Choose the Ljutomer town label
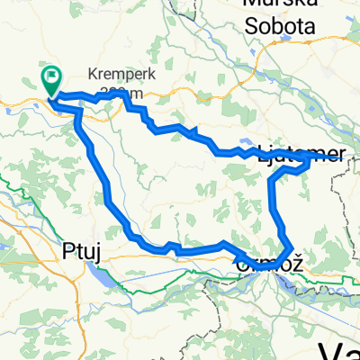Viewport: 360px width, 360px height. [x=301, y=153]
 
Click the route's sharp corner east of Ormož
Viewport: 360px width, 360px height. [x=292, y=245]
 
